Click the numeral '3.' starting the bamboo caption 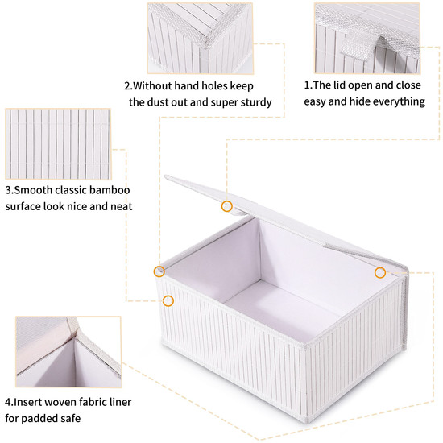(x=10, y=190)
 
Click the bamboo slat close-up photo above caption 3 (x=58, y=144)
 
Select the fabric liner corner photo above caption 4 (x=68, y=352)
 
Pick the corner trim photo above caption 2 (x=200, y=39)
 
